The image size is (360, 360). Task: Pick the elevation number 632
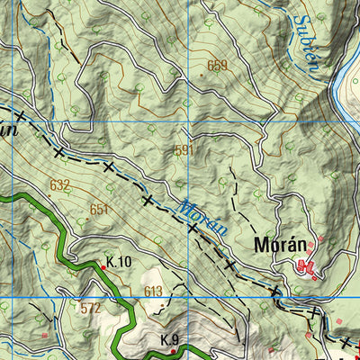pos(60,185)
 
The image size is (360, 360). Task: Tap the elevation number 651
pos(99,209)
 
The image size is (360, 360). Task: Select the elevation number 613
pos(153,292)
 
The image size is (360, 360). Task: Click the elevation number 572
pos(90,308)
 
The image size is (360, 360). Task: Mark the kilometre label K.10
pos(119,263)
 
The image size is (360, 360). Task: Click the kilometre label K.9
pos(170,339)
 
